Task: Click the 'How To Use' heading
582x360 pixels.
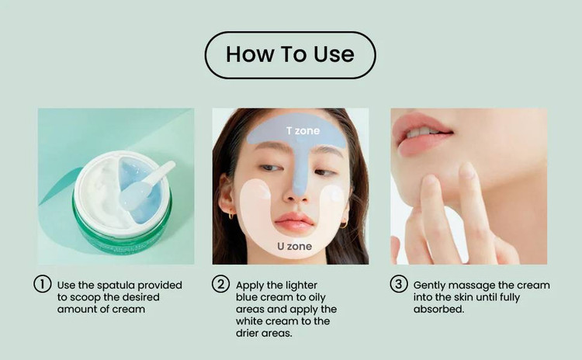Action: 290,54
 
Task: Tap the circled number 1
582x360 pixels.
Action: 43,284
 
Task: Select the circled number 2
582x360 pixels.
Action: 221,284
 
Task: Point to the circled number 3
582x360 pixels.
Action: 399,284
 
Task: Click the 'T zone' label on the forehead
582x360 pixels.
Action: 303,130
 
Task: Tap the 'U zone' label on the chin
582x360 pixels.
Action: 294,246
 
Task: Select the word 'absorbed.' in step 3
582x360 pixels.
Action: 438,309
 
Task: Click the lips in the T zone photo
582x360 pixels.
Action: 294,223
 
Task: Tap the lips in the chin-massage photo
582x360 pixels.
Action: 423,136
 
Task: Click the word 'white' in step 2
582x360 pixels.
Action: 249,321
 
